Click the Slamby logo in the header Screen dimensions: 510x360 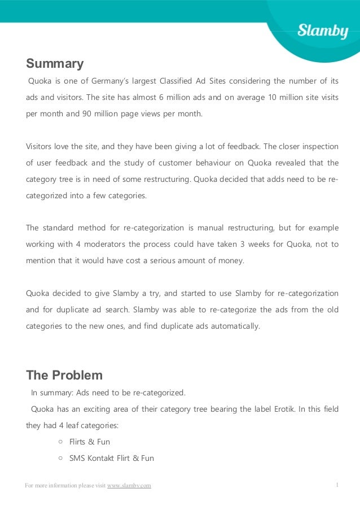[323, 30]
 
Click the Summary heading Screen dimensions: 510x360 [55, 64]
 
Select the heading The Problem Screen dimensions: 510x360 [64, 376]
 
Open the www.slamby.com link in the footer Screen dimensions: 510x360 [129, 486]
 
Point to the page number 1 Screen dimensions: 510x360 [337, 485]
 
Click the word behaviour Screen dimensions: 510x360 [205, 163]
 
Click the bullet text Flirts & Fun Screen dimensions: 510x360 [89, 442]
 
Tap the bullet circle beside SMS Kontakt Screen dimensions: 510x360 [60, 458]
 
